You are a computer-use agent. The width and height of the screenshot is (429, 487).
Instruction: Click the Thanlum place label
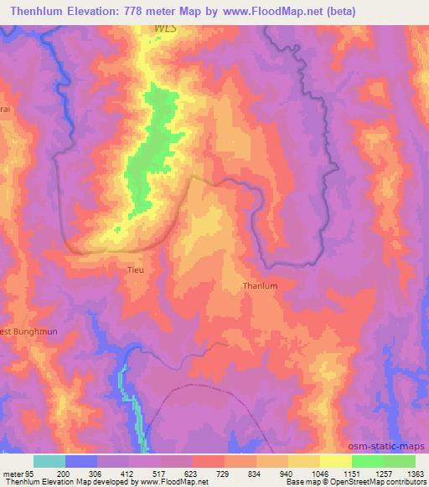(259, 285)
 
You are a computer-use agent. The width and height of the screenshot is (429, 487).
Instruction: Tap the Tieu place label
(134, 269)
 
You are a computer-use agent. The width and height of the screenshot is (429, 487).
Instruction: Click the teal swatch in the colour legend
(49, 461)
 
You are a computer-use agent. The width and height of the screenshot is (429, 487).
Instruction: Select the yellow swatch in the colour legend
(335, 461)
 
